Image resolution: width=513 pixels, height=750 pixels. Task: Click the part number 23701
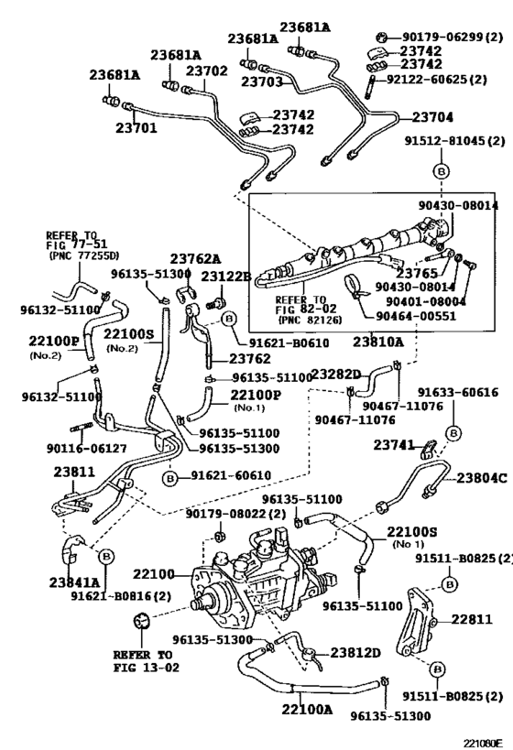134,128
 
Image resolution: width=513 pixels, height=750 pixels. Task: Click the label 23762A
194,259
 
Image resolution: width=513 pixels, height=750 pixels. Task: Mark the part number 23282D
336,373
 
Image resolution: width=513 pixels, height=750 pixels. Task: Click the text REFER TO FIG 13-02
143,662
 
